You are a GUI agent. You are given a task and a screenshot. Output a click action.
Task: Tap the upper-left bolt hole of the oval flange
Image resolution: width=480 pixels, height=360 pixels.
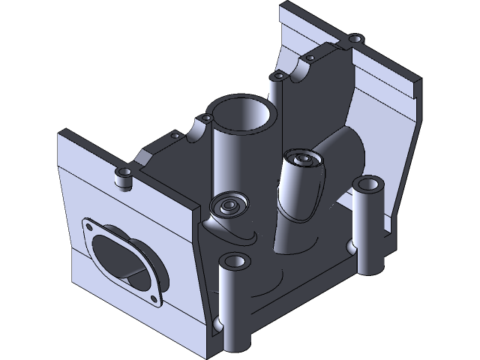tap(88, 226)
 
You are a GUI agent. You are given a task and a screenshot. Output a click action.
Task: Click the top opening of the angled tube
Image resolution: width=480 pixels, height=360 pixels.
tap(304, 159)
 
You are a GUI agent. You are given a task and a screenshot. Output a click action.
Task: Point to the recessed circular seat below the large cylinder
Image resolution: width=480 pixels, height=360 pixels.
tap(227, 205)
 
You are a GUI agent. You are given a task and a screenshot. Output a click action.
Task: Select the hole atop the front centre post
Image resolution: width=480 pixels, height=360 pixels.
tap(235, 262)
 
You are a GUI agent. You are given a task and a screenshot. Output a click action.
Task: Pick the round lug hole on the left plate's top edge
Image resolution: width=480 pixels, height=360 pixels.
tap(122, 174)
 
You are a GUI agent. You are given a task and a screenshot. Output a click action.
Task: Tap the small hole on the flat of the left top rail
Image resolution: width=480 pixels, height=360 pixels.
tap(175, 136)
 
